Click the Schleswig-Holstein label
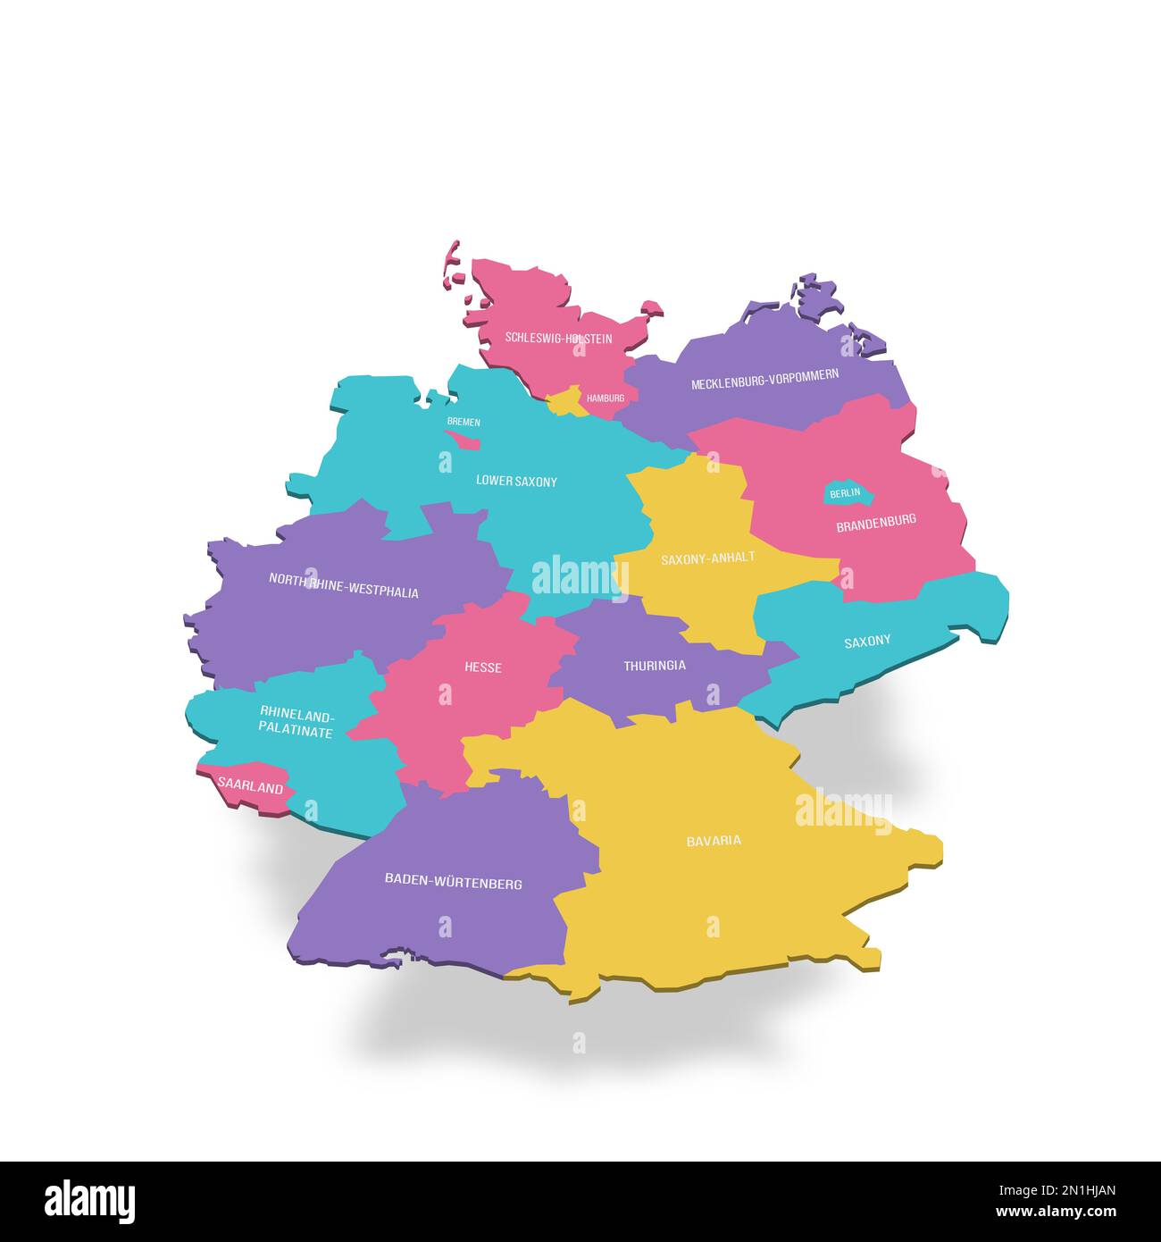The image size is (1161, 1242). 558,339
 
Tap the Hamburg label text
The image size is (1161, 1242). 606,398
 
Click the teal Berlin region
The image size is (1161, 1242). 845,492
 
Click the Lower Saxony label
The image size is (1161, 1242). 516,481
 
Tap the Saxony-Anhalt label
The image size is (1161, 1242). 707,558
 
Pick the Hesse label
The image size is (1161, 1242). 483,667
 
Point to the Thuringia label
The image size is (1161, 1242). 655,666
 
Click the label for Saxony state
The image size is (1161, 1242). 867,641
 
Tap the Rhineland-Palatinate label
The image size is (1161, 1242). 297,722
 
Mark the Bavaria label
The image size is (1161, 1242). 714,841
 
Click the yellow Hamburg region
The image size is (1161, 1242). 564,402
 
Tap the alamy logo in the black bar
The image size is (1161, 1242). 90,1201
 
